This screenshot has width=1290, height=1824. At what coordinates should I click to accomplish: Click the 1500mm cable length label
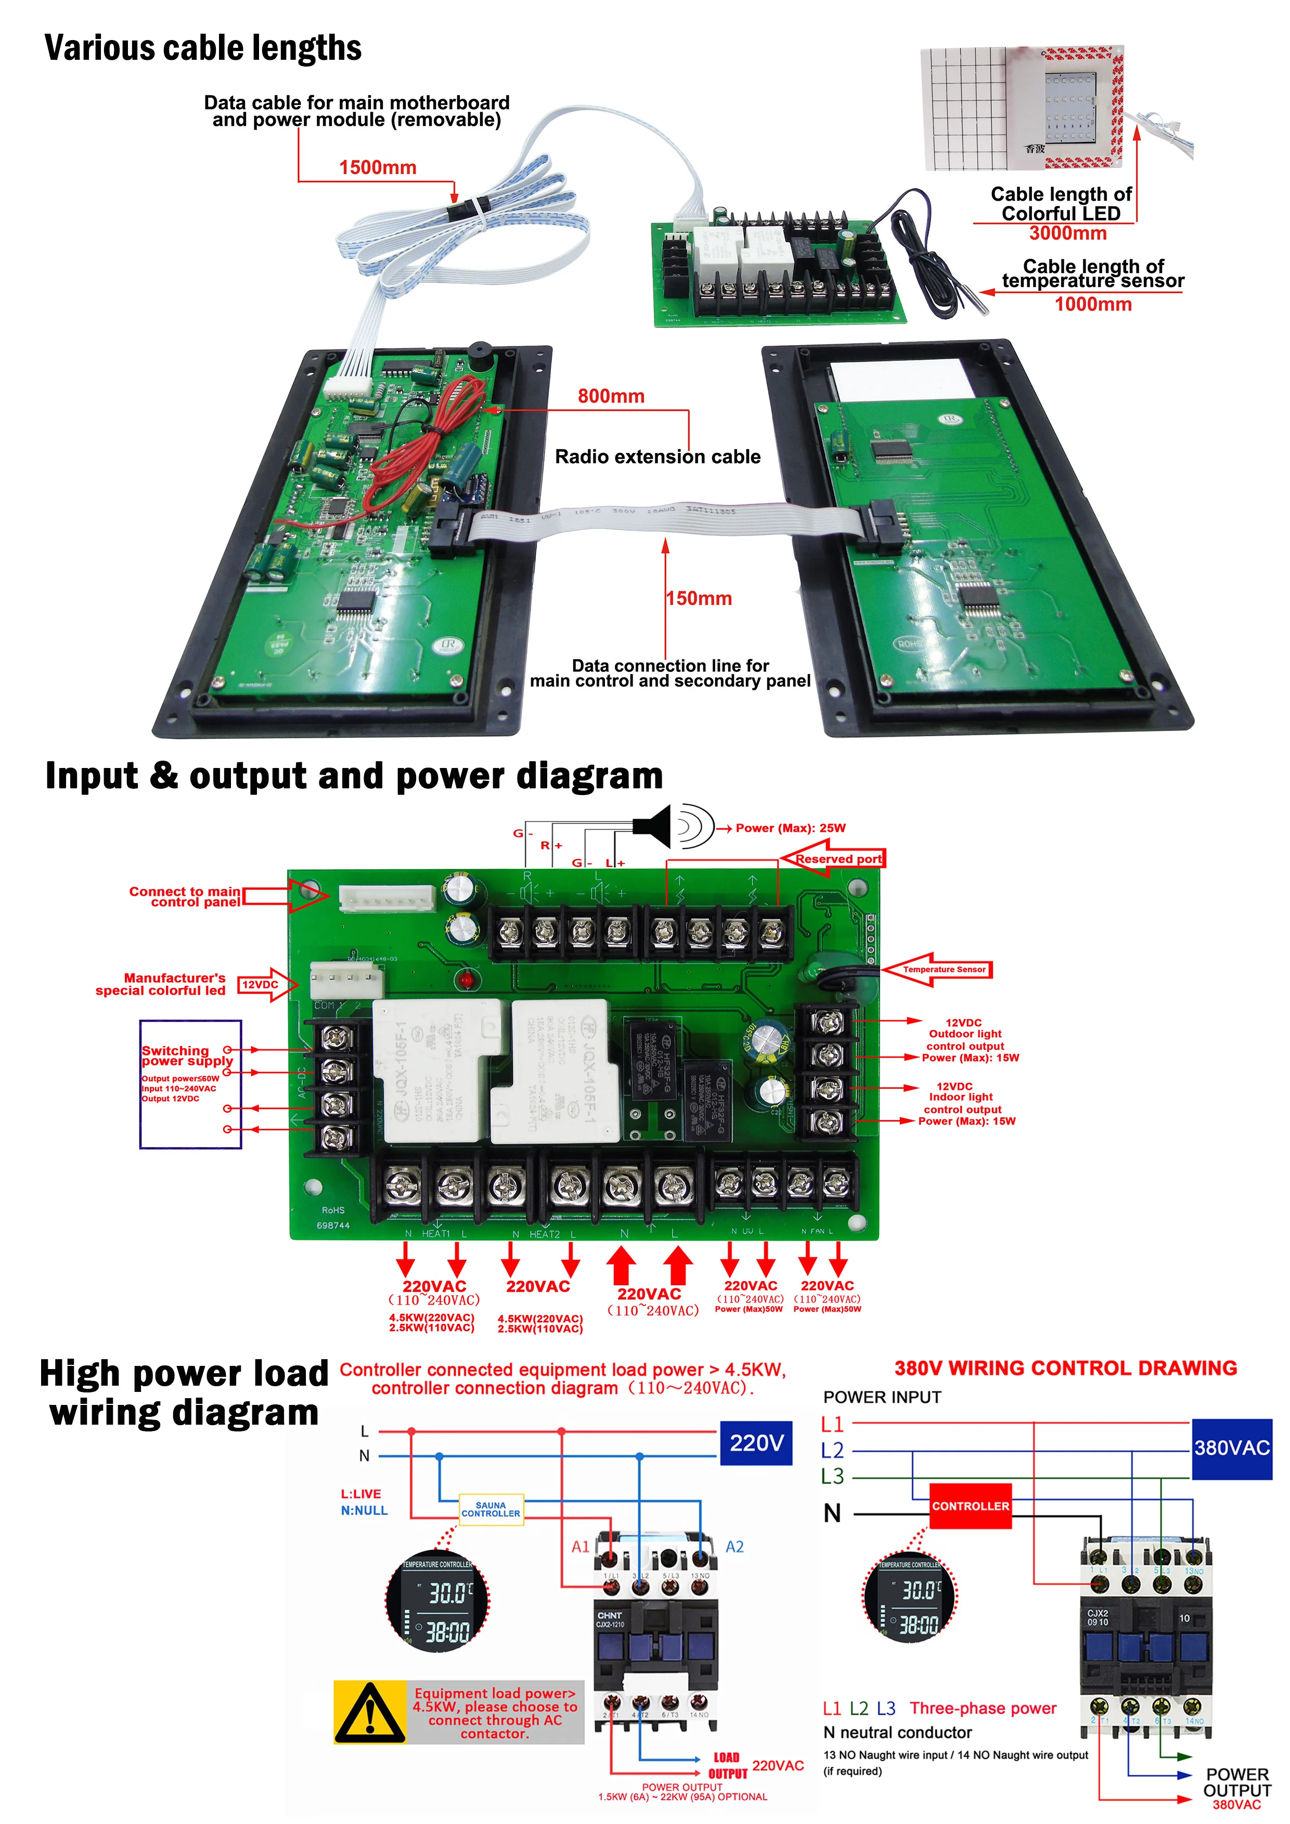(378, 167)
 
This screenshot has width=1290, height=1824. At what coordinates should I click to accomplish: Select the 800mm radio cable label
(611, 396)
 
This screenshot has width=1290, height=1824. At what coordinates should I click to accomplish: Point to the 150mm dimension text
(699, 598)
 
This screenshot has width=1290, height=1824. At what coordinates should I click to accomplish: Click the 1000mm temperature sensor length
(1093, 304)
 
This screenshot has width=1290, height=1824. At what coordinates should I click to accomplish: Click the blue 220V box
(756, 1443)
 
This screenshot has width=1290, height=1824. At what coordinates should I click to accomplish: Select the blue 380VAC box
(1231, 1448)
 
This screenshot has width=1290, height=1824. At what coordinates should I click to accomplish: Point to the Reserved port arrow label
(834, 859)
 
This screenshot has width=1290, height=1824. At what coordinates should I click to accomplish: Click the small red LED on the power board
(467, 980)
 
